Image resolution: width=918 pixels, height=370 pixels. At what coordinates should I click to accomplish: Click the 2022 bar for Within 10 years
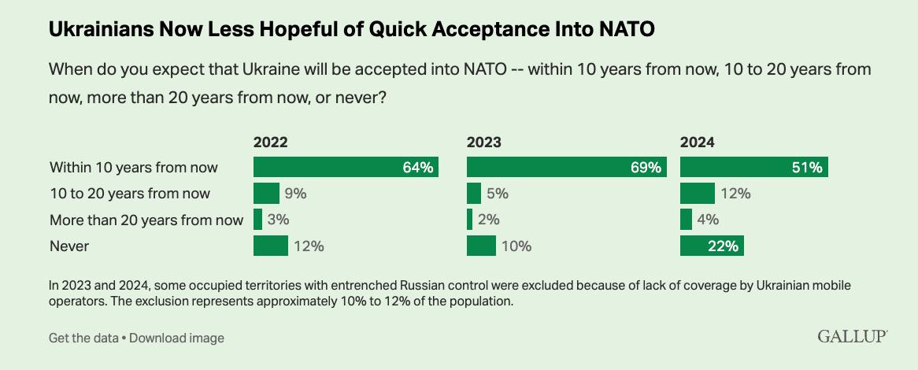click(x=346, y=167)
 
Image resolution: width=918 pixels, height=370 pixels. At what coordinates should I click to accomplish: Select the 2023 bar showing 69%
click(x=566, y=167)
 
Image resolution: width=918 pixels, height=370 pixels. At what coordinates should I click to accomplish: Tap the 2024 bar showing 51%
click(x=753, y=167)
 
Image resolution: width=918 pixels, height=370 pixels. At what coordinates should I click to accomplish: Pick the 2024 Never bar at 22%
click(x=712, y=246)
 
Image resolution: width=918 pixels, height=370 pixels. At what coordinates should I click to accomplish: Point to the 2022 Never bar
click(x=270, y=246)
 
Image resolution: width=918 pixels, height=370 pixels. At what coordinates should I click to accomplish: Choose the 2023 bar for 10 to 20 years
click(x=473, y=193)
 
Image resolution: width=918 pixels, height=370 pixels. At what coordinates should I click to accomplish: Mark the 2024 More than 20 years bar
click(x=686, y=219)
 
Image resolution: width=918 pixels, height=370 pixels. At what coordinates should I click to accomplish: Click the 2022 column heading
click(x=270, y=142)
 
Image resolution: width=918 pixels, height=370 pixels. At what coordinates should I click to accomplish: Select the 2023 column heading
click(x=483, y=142)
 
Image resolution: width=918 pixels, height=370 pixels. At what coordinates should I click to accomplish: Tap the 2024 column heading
click(x=697, y=142)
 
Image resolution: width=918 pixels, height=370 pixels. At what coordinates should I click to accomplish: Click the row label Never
click(x=69, y=246)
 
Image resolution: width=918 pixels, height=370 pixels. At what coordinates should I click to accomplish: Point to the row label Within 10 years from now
click(x=134, y=167)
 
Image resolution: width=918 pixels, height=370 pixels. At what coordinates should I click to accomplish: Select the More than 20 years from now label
click(x=146, y=220)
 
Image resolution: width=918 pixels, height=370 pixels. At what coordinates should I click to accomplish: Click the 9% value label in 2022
click(x=295, y=194)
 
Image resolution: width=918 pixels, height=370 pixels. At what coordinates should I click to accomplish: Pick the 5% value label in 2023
click(x=498, y=194)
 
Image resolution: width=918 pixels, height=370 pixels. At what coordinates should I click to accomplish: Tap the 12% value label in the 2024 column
click(x=735, y=194)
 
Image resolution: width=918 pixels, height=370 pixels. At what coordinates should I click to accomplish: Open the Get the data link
click(x=83, y=338)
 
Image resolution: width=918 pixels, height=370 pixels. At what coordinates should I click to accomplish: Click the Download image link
click(x=176, y=338)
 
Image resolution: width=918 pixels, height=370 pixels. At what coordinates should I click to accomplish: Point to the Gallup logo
click(x=853, y=337)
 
